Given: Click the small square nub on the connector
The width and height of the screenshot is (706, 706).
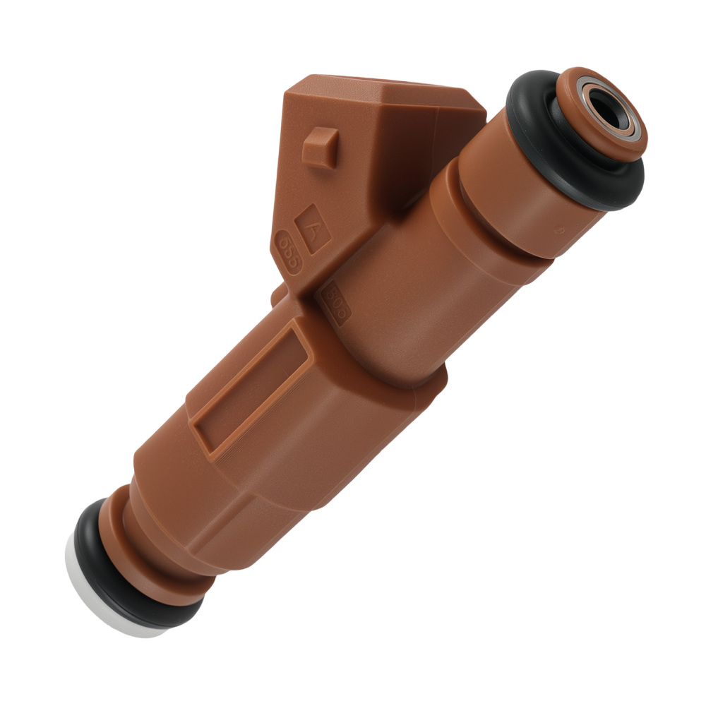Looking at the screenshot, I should [318, 146].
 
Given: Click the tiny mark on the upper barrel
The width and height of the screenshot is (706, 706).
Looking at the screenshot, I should [558, 231].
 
